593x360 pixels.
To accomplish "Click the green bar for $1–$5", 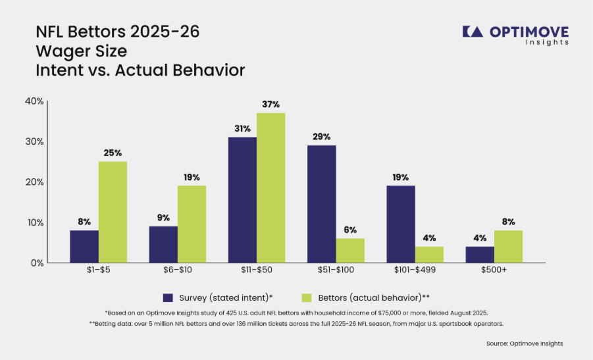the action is point(113,212).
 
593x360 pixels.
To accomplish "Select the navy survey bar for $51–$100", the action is point(321,204).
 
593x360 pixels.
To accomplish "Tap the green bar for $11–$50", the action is point(271,188).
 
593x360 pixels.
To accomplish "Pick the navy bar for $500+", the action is point(480,255).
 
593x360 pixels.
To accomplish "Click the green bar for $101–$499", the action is point(429,255).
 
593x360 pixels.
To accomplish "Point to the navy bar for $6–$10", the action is point(163,245).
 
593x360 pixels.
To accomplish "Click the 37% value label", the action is point(271,105).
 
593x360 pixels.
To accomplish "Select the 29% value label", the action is point(321,136).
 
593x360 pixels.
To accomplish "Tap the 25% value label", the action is point(113,153).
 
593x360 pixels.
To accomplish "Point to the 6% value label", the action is point(350,230).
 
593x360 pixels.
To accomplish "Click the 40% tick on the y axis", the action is point(34,101).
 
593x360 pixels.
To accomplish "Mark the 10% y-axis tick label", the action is point(35,222).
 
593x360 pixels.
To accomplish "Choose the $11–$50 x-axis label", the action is point(257,270).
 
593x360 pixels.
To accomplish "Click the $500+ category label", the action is point(494,270).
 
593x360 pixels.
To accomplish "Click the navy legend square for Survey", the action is point(168,298).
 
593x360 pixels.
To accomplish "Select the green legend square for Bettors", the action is point(307,298).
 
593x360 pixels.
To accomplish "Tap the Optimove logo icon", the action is point(473,32).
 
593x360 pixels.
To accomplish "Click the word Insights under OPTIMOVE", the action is point(547,42).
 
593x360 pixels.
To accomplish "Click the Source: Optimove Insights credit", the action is point(525,344).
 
